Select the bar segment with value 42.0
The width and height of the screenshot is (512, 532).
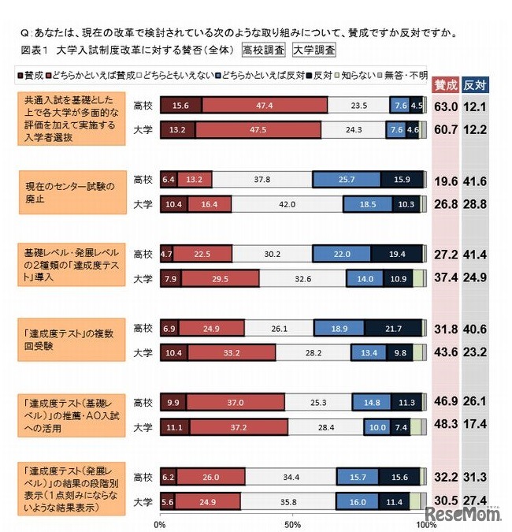point(287,205)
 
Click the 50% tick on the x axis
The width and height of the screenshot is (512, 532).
point(292,523)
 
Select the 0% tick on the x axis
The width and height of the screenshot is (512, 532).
point(160,523)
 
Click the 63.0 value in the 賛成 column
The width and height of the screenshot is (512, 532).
point(446,107)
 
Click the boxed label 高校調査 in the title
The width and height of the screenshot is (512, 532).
point(264,50)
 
